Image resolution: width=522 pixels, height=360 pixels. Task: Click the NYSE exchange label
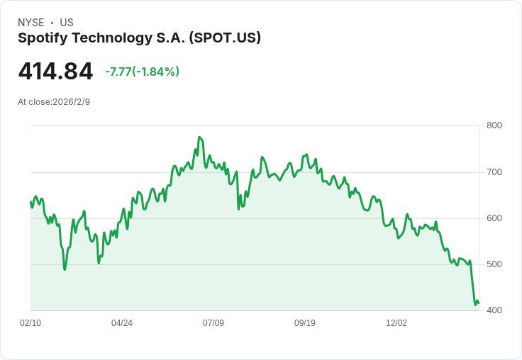[x=30, y=23]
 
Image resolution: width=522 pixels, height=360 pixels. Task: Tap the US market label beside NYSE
[x=67, y=23]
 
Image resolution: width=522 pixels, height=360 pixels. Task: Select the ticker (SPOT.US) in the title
[x=224, y=38]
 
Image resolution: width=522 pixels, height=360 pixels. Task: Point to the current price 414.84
[x=55, y=72]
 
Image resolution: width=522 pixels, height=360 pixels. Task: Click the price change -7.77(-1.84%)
[x=142, y=72]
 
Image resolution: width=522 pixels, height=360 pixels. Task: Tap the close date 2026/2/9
[x=71, y=102]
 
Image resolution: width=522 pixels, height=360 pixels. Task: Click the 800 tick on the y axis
[x=494, y=126]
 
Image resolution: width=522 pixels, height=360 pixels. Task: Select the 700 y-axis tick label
[x=494, y=172]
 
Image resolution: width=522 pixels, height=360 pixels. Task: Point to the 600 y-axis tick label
[x=494, y=218]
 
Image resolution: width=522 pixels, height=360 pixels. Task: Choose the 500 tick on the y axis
[x=494, y=264]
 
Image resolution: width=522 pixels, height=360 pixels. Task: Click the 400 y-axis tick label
[x=494, y=310]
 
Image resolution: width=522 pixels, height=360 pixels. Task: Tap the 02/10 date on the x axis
[x=30, y=323]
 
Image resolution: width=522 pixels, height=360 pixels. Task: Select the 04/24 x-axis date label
[x=122, y=323]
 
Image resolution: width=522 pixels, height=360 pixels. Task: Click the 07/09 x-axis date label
[x=213, y=323]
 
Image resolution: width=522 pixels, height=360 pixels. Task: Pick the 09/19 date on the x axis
[x=305, y=323]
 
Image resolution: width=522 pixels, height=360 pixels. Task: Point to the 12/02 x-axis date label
[x=396, y=323]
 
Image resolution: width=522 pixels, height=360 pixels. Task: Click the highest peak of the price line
[x=199, y=137]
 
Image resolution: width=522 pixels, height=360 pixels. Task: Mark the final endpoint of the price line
[x=479, y=303]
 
